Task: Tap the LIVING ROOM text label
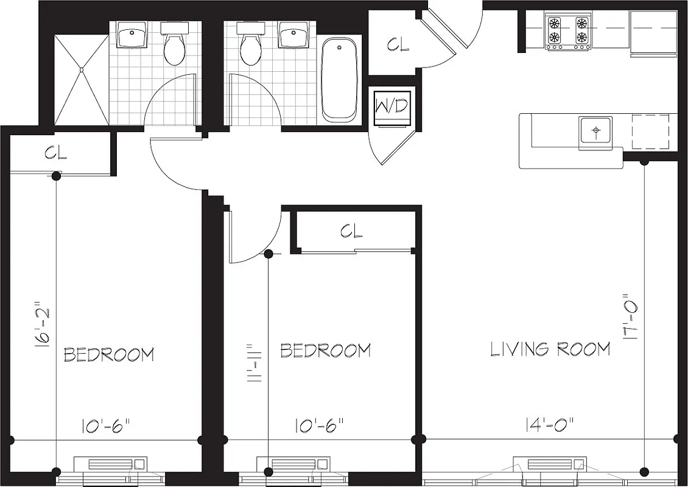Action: point(550,349)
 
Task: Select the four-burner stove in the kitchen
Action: point(567,32)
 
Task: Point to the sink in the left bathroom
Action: point(132,36)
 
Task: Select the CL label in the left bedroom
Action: point(55,153)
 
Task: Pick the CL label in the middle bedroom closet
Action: point(351,231)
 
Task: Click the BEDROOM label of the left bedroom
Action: point(109,354)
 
